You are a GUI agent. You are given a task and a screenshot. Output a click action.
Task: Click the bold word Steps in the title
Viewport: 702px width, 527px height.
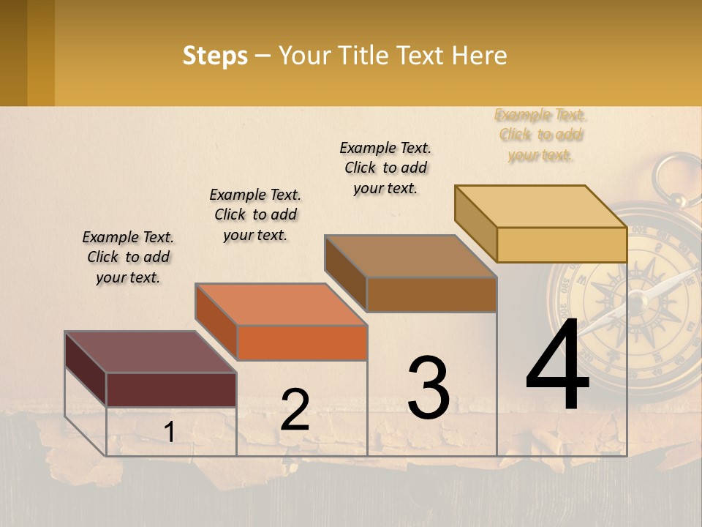[x=215, y=56]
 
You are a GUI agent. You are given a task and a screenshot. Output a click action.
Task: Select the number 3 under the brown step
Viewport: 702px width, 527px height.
[x=429, y=387]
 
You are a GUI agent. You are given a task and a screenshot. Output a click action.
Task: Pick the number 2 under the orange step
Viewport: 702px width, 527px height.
[x=295, y=410]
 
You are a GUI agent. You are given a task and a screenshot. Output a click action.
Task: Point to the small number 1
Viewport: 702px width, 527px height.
[x=169, y=433]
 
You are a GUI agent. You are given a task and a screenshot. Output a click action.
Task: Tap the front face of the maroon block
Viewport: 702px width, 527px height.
[x=171, y=389]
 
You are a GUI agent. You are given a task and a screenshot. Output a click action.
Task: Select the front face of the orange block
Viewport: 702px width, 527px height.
[x=302, y=343]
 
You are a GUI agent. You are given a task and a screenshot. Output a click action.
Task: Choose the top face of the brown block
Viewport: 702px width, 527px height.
[x=410, y=256]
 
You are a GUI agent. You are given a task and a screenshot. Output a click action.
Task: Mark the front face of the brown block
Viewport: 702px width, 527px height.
[x=431, y=294]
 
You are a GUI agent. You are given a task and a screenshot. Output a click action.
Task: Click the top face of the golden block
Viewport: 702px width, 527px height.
[x=541, y=206]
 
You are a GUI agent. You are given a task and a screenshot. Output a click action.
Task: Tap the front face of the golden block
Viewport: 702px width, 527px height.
[x=562, y=244]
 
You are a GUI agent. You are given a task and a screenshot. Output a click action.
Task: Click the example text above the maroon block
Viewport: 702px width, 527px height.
[x=128, y=258]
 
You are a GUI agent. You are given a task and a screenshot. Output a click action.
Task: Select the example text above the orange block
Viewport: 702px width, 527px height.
[x=255, y=214]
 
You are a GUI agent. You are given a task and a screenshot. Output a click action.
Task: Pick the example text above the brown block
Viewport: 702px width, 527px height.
[x=385, y=168]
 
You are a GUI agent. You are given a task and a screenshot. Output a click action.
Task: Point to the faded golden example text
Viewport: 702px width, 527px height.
[x=540, y=135]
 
